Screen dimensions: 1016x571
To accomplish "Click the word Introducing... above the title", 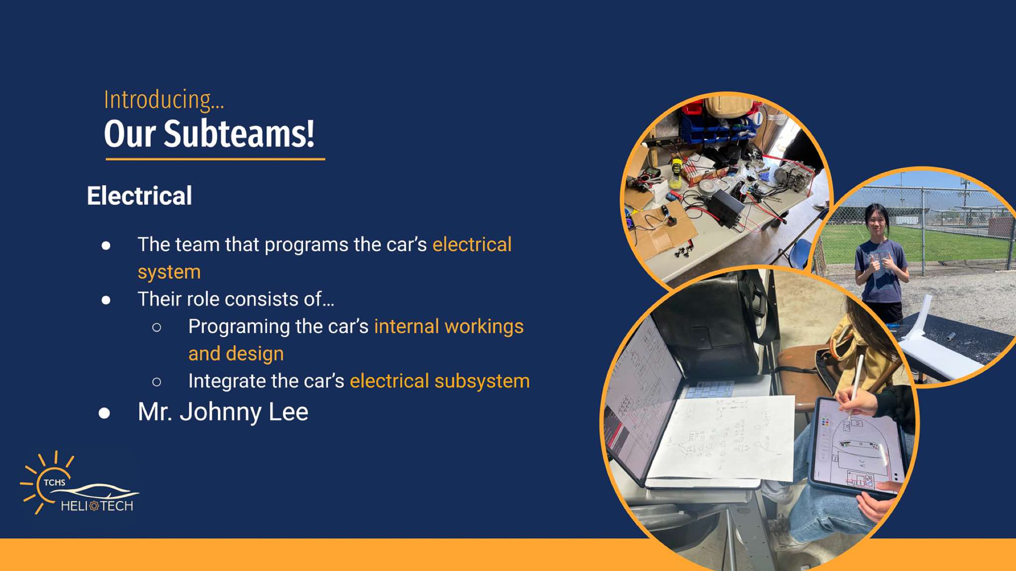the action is point(164,100).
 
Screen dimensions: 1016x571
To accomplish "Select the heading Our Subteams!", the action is point(209,133).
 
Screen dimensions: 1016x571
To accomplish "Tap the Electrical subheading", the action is point(139,195).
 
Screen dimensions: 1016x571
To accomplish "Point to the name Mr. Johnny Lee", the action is point(223,412).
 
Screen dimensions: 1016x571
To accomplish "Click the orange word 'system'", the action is point(169,272).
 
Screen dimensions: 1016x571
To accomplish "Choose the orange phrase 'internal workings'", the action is point(448,326).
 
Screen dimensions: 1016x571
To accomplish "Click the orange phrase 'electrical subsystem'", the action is point(440,381).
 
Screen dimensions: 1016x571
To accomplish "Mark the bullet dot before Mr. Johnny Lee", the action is point(104,413).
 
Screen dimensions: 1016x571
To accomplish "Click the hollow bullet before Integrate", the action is point(157,381).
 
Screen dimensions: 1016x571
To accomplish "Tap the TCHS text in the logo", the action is point(54,482).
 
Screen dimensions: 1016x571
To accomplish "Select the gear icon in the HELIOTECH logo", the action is point(94,506).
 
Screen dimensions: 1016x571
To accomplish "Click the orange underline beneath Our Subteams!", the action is point(215,159).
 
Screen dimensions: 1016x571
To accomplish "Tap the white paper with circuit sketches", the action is point(722,439).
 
